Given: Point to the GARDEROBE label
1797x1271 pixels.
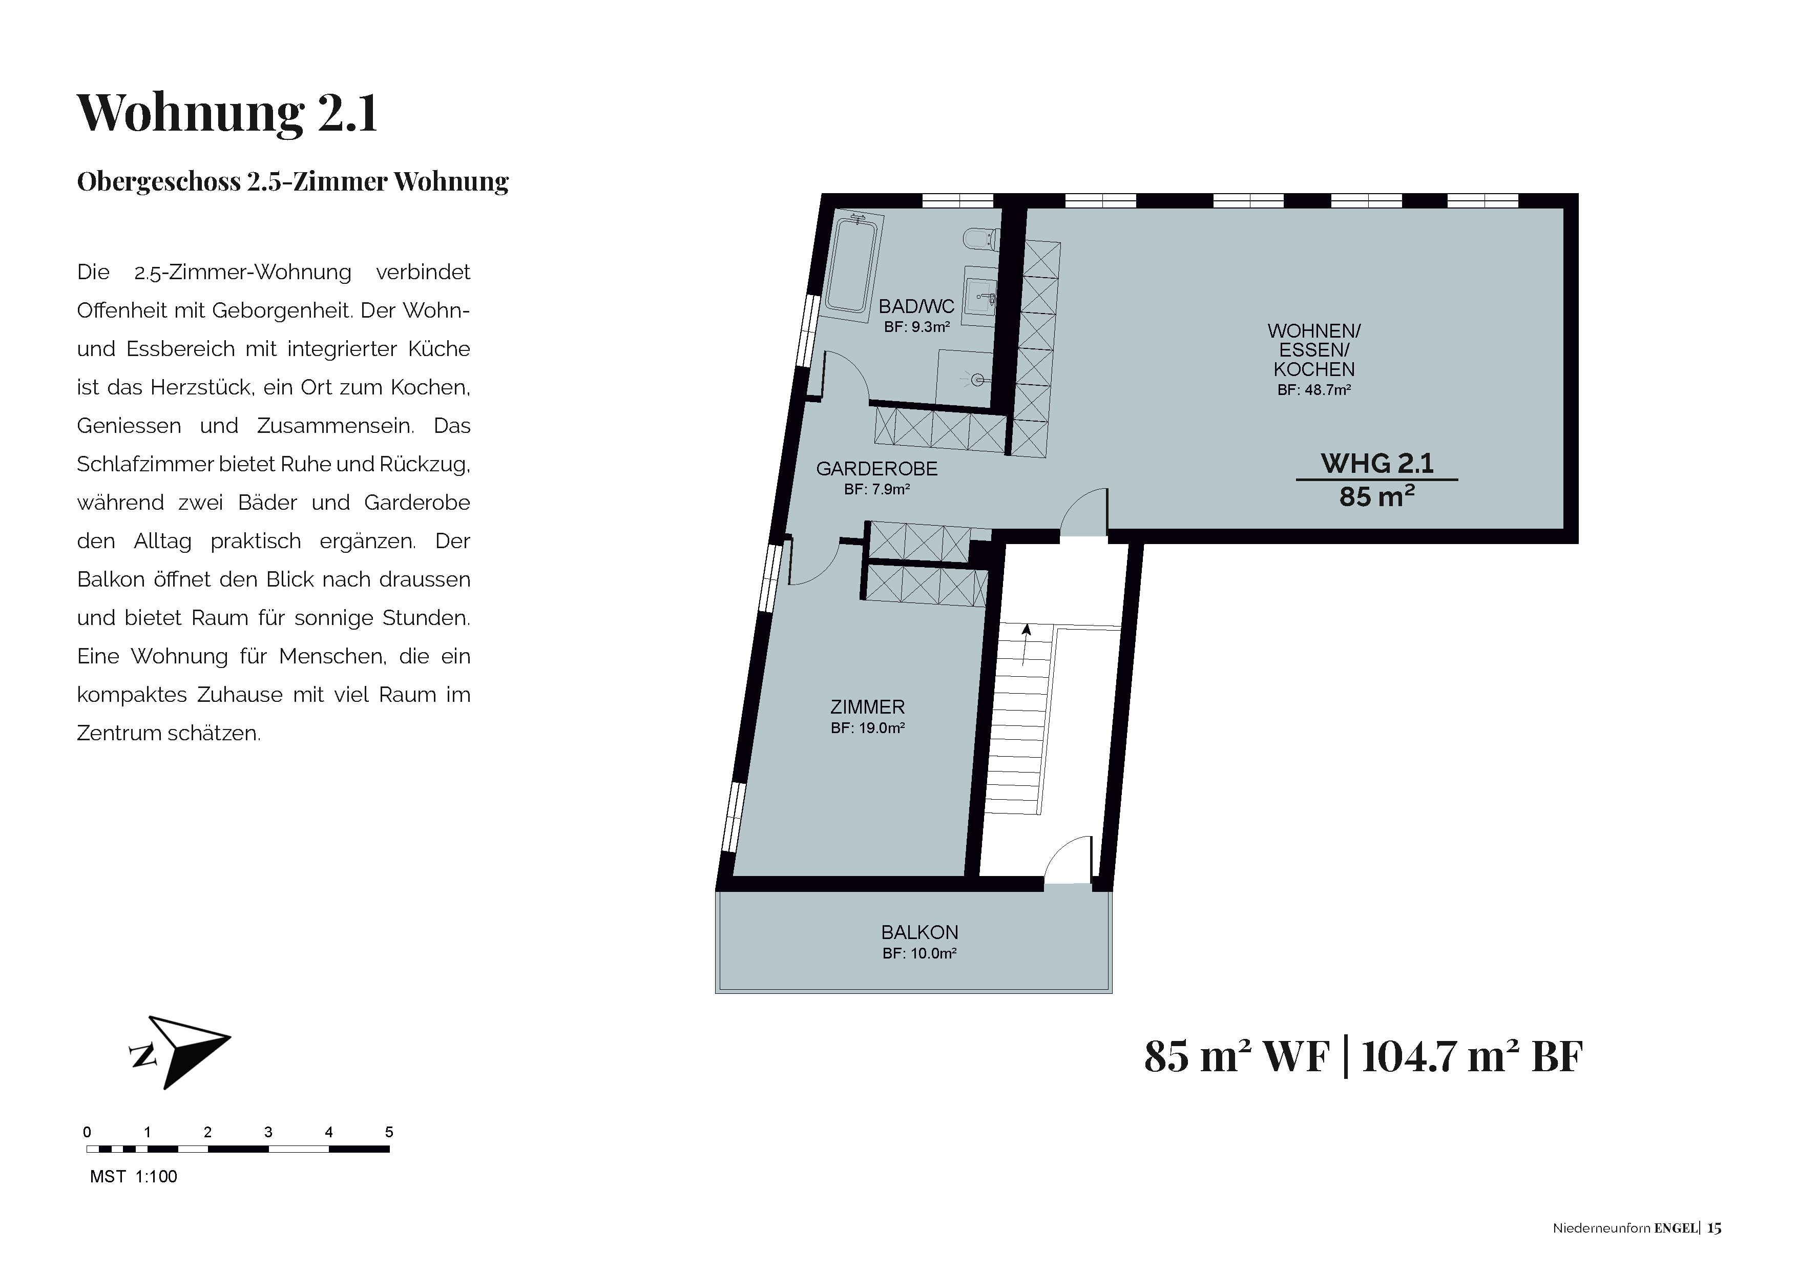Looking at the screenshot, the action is coord(876,469).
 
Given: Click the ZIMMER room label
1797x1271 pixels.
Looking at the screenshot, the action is coord(867,707).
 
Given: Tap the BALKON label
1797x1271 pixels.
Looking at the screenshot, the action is coord(920,932).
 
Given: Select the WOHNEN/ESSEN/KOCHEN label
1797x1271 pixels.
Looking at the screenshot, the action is coord(1314,350).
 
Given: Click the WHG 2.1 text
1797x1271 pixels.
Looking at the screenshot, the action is coord(1377,463).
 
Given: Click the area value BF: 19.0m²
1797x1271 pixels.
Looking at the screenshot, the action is coord(868,728).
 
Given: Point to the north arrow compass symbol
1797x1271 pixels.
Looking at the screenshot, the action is coord(180,1051).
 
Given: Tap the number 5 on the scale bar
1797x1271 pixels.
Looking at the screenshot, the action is coord(389,1132).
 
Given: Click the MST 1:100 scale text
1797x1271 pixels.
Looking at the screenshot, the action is coord(134,1176).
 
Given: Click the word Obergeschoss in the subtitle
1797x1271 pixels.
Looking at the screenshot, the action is coord(159,181).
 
